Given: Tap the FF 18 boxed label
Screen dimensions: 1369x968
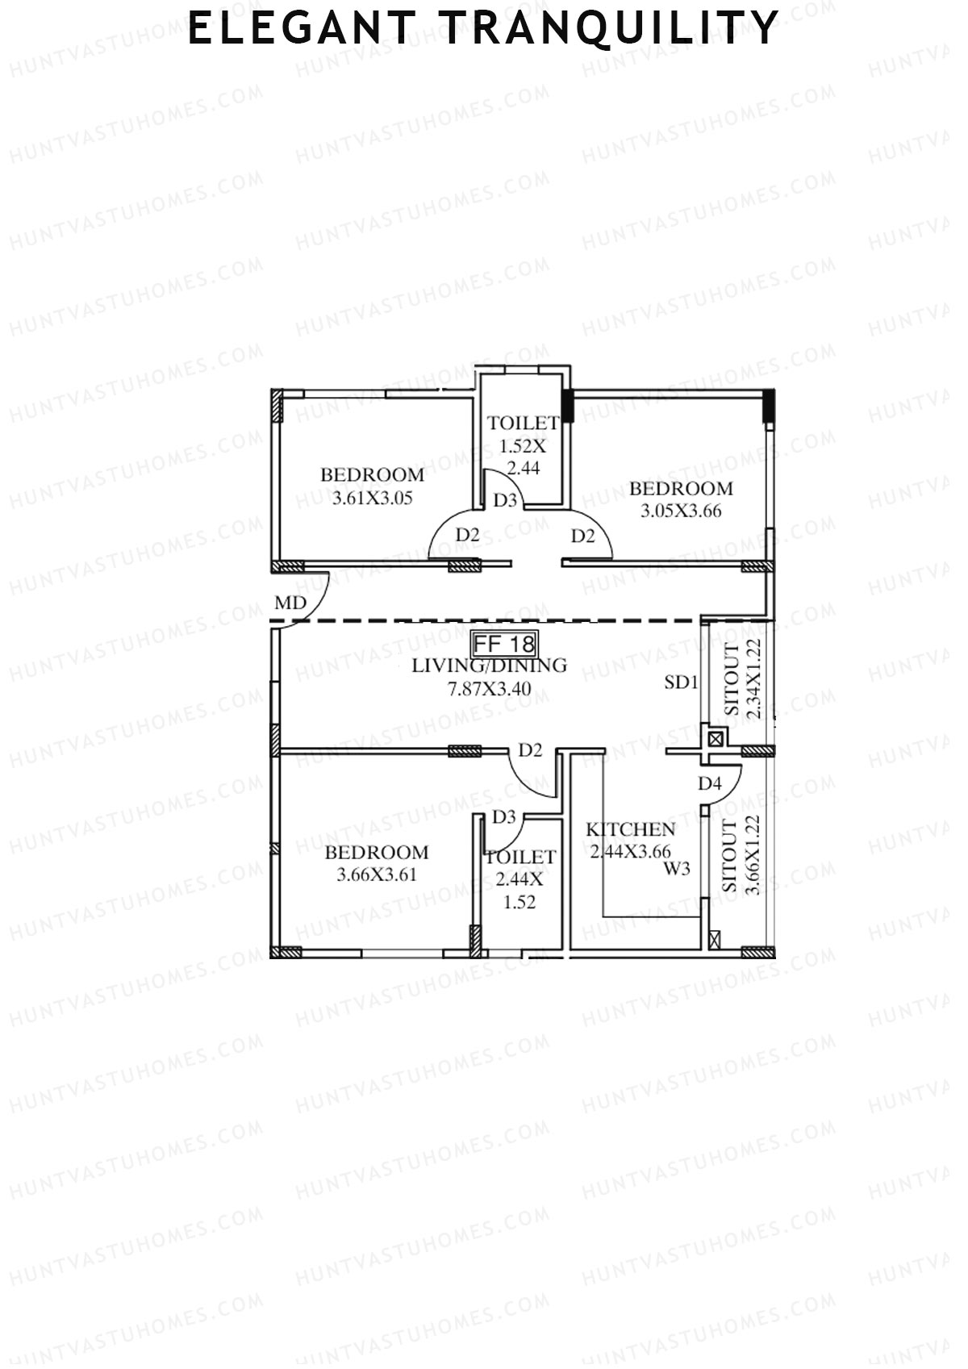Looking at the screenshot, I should coord(504,644).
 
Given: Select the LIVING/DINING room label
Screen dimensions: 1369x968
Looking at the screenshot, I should coord(489,666).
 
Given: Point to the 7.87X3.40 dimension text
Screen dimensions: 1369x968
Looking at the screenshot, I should coord(489,690).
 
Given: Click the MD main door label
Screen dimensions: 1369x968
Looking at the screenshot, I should coord(290,603).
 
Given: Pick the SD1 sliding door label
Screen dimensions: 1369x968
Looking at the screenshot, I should coord(681,682).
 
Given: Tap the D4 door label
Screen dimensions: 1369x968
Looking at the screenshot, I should coord(709,783).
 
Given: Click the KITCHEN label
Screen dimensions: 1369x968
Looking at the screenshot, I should coord(630,830).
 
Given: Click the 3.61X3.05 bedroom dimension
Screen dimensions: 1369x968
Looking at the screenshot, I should coord(372,499).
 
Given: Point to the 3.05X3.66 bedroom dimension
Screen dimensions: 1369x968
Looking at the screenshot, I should coord(681,511).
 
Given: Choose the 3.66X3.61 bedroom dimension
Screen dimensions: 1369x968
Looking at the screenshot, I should coord(377,874).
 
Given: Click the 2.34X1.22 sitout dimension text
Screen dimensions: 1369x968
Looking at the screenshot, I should coord(754,678).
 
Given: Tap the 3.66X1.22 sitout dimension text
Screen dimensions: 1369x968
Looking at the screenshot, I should coord(753,855).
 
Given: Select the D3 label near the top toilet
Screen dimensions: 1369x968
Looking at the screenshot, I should coord(505,501).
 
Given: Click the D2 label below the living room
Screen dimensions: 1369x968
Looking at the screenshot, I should coord(530,751).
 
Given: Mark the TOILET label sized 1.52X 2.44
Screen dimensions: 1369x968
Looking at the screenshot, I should coord(523,424).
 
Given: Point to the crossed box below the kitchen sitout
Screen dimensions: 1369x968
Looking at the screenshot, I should coord(713,939).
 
